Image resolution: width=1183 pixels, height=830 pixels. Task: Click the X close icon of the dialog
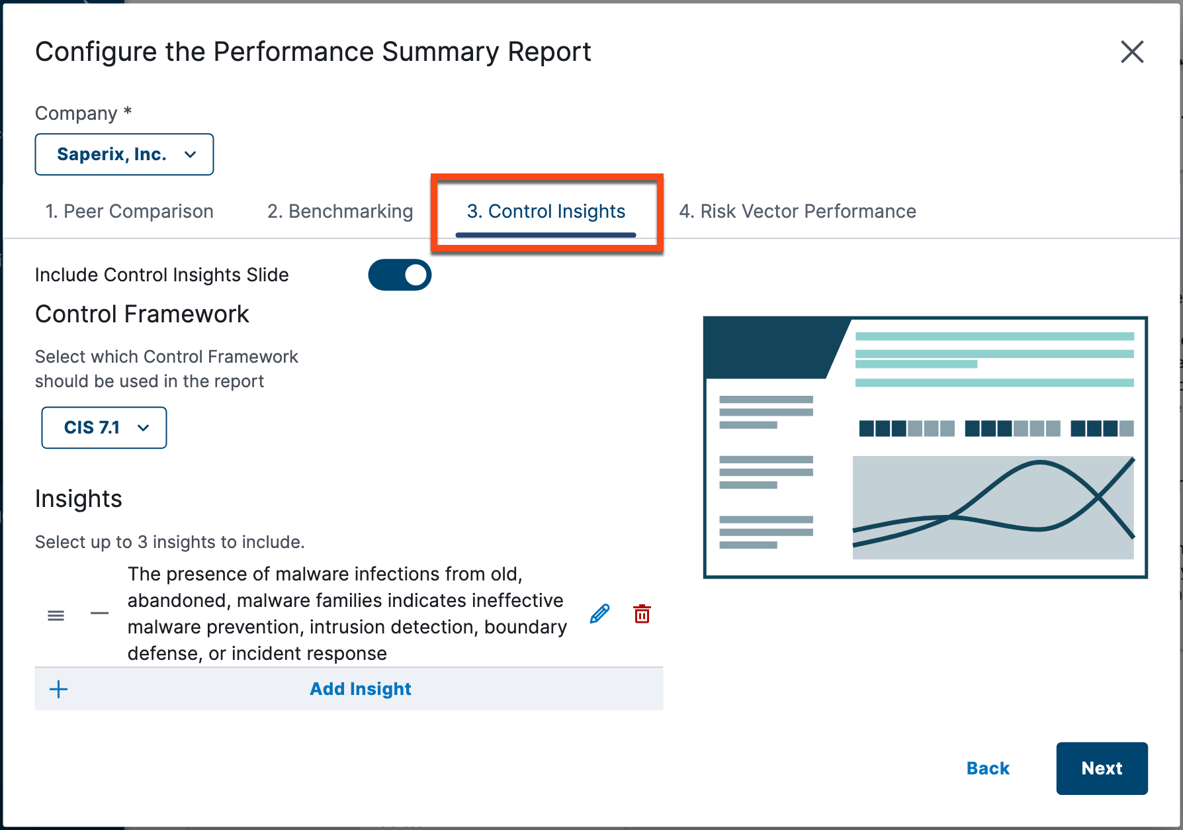pos(1132,52)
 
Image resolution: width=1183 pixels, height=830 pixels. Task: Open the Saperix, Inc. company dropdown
pos(124,154)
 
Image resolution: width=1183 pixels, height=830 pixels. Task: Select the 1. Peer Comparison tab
pos(129,211)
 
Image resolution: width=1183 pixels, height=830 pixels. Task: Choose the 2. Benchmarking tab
pos(340,211)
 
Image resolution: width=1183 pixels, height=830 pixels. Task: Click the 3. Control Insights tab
pos(546,211)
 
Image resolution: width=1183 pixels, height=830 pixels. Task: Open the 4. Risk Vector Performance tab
pos(797,211)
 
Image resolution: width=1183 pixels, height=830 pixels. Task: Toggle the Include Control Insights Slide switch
pos(400,275)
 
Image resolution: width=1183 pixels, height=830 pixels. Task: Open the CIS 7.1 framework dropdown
pos(104,428)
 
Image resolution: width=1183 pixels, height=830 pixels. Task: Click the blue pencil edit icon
pos(599,614)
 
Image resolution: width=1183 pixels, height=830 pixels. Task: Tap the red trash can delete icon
pos(642,614)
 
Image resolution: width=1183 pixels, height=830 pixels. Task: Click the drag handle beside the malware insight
pos(56,616)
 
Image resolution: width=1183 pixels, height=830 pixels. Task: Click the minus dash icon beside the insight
pos(99,614)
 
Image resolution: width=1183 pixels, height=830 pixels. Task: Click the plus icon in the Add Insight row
pos(59,689)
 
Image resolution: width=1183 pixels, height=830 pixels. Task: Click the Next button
pos(1102,768)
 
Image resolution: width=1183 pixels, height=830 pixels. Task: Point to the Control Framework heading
pos(142,314)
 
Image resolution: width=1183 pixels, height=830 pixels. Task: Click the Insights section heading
pos(79,498)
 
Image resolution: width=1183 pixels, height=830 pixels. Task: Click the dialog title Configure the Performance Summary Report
pos(313,52)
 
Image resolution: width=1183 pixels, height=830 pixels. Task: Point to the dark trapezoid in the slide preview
pos(767,347)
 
